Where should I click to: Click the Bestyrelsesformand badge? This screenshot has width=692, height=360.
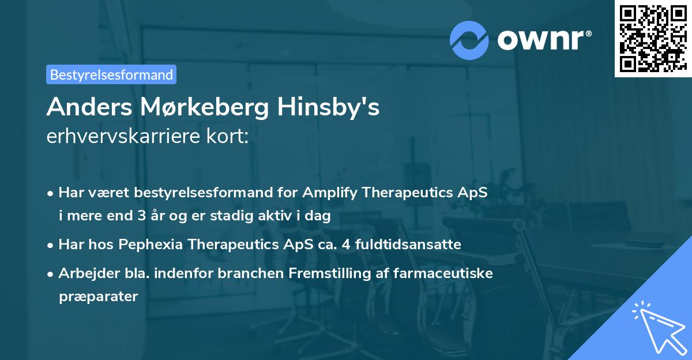tap(111, 74)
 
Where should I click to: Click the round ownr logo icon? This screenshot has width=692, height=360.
tap(469, 40)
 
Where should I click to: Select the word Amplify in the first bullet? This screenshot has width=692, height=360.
tap(333, 193)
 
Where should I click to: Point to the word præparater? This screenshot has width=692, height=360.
tap(98, 297)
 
